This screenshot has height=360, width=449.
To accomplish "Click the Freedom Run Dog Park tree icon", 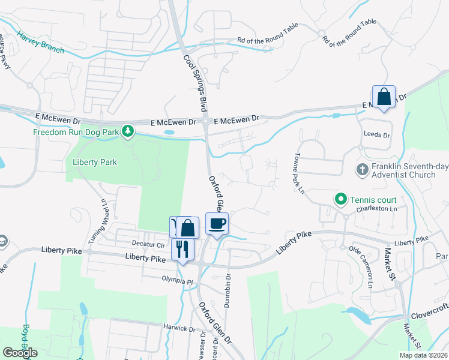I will pyautogui.click(x=127, y=131).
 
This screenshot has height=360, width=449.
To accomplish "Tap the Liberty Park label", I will pyautogui.click(x=94, y=162).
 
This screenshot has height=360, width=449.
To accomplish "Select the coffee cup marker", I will pyautogui.click(x=217, y=224).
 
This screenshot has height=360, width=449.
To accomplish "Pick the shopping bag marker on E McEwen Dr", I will pyautogui.click(x=384, y=97).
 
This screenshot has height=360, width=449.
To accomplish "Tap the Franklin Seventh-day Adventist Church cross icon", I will pyautogui.click(x=362, y=170).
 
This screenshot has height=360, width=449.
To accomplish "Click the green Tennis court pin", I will pyautogui.click(x=340, y=198).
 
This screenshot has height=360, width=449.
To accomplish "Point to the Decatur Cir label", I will pyautogui.click(x=148, y=245).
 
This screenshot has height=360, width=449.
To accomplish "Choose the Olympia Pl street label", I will pyautogui.click(x=179, y=280).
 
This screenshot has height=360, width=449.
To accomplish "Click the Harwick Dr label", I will pyautogui.click(x=180, y=328).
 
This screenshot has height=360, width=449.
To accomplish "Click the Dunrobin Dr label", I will pyautogui.click(x=228, y=295).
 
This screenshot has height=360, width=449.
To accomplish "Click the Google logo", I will pyautogui.click(x=20, y=352).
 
